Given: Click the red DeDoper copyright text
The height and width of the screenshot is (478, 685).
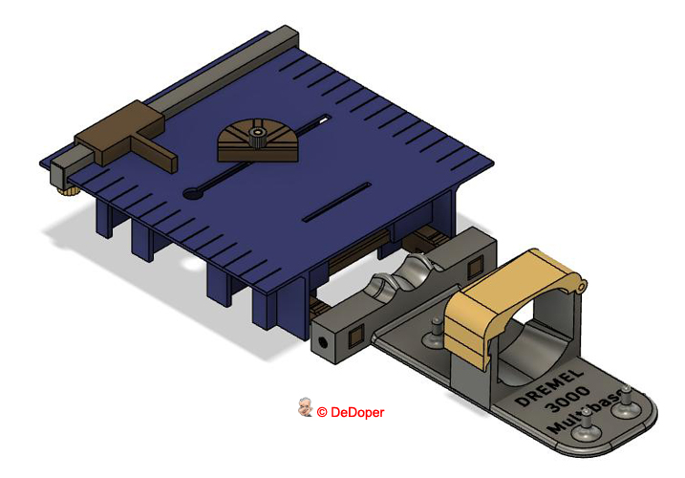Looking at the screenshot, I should click(x=351, y=412).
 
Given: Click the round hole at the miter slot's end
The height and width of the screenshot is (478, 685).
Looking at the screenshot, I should click(x=194, y=194).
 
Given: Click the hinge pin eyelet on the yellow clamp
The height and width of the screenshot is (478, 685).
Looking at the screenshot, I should click(x=580, y=284).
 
